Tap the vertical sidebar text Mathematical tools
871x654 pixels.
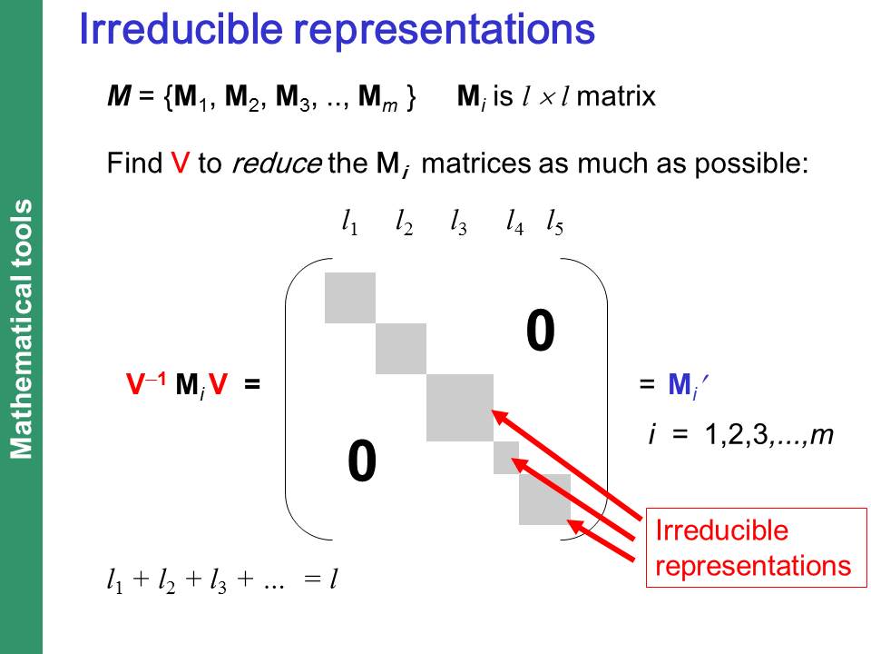(x=22, y=329)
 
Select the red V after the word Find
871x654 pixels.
(x=180, y=163)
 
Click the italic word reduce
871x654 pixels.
(x=276, y=163)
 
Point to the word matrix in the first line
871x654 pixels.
(x=616, y=96)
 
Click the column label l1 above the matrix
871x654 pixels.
(x=349, y=222)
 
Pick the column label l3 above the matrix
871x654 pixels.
(x=458, y=222)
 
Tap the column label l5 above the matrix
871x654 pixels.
(x=555, y=222)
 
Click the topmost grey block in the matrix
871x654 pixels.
(x=350, y=298)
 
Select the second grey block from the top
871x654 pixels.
(x=401, y=349)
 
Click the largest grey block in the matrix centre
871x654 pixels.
(x=460, y=408)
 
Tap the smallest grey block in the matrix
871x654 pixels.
(x=506, y=458)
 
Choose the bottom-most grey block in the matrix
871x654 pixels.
(x=545, y=499)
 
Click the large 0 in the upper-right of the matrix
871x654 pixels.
(x=541, y=331)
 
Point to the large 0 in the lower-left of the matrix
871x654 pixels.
(x=362, y=461)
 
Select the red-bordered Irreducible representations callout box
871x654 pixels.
(x=756, y=547)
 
